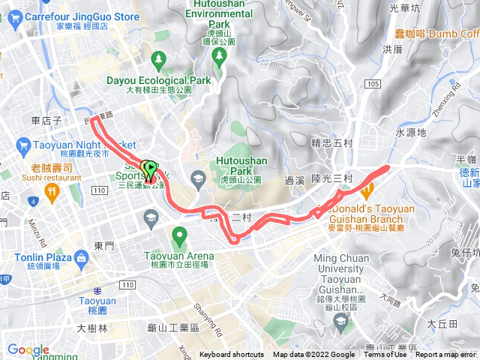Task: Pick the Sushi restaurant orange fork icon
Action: [x=52, y=190]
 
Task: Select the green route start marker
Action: [x=149, y=169]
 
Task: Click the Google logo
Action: [x=28, y=349]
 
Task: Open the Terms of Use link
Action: [x=385, y=355]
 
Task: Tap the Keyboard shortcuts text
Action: [x=232, y=355]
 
